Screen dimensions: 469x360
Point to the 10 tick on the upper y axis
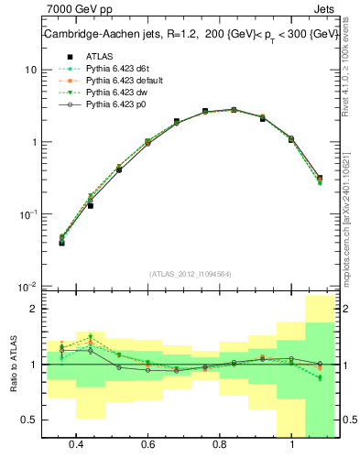click(x=30, y=70)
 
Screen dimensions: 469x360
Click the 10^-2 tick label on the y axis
click(x=27, y=286)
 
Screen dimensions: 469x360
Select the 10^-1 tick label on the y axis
click(x=27, y=213)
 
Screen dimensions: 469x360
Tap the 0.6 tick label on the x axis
click(x=147, y=444)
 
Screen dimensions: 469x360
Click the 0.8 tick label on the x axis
click(x=220, y=444)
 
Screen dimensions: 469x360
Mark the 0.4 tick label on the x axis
click(x=76, y=444)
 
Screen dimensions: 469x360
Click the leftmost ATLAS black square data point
click(x=61, y=243)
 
